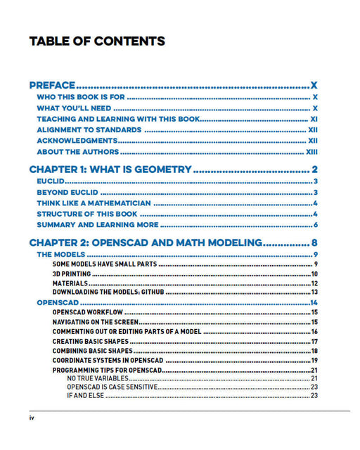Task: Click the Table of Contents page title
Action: click(x=97, y=41)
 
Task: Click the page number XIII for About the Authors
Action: click(x=312, y=152)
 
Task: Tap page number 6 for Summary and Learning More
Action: click(x=316, y=225)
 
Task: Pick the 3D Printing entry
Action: click(x=72, y=274)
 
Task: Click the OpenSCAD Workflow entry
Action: click(x=88, y=311)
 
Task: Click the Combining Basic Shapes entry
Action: click(x=91, y=351)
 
